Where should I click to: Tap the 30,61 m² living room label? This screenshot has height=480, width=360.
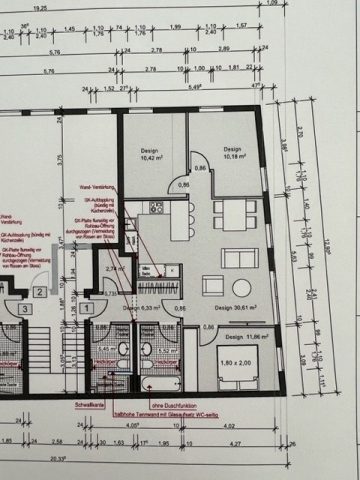[x=224, y=309]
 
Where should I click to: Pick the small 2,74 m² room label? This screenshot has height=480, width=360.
[x=113, y=269]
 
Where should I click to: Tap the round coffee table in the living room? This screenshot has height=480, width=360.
[x=211, y=283]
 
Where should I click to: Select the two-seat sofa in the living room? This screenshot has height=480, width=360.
[x=240, y=258]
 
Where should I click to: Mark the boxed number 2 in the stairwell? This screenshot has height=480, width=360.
[x=38, y=291]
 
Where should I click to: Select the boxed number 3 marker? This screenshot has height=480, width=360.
[x=23, y=309]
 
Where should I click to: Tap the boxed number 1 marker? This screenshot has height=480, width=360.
[x=87, y=309]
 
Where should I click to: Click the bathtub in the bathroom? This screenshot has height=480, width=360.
[x=160, y=380]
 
